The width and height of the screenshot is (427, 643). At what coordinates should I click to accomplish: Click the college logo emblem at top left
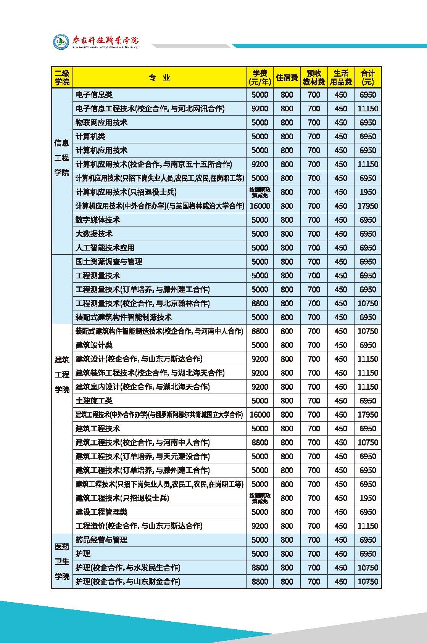[x=61, y=42]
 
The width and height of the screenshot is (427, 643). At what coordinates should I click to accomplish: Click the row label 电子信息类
[x=94, y=95]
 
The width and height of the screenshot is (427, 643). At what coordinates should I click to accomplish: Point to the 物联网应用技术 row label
[x=102, y=122]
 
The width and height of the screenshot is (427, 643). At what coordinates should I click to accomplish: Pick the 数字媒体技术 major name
[x=98, y=220]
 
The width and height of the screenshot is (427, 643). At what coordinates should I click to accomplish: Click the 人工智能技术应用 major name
[x=105, y=248]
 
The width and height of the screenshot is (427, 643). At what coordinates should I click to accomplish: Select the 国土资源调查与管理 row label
[x=109, y=262]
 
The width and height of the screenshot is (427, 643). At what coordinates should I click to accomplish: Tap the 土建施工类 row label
[x=94, y=400]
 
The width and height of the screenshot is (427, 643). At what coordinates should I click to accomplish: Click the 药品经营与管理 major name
[x=102, y=540]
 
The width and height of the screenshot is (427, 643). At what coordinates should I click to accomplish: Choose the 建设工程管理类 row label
[x=102, y=512]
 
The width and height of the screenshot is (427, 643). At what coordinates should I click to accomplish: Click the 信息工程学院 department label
[x=62, y=158]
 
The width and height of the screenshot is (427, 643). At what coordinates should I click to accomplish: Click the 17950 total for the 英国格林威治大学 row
[x=367, y=206]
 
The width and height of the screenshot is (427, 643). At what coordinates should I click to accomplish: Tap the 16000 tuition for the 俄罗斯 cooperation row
[x=260, y=415]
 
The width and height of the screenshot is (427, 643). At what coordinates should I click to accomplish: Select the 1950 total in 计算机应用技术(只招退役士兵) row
[x=367, y=192]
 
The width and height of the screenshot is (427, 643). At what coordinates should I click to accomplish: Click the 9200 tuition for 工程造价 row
[x=260, y=526]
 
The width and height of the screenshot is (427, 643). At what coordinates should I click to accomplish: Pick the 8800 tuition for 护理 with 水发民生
[x=260, y=567]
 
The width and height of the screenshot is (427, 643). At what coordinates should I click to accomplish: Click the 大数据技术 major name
[x=94, y=234]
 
